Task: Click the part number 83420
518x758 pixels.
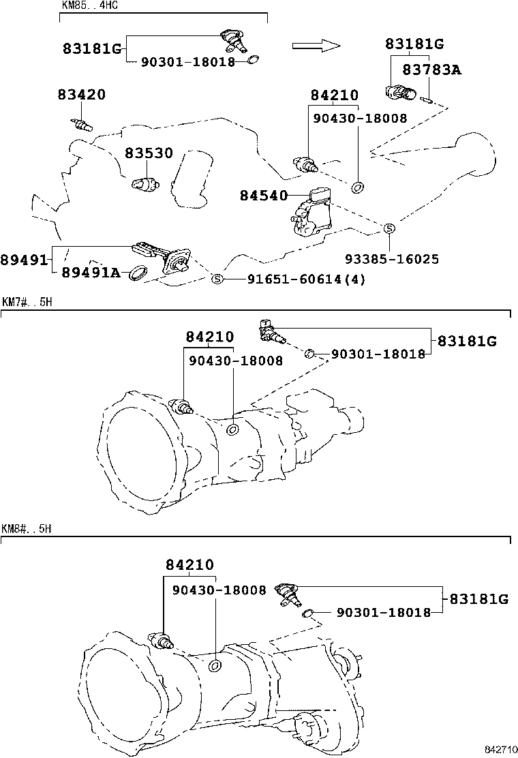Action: pos(81,95)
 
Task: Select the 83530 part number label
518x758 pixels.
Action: pos(149,154)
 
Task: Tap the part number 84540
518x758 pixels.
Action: pos(264,196)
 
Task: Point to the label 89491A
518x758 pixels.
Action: pos(91,273)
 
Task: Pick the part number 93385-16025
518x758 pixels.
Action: pos(391,259)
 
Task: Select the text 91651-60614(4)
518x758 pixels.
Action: pos(296,279)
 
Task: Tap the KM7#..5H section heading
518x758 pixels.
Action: pos(27,302)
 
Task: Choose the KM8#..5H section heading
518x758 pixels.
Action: pos(27,528)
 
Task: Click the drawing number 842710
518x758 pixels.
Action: pos(500,750)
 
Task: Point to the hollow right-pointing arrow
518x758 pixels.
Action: pos(316,46)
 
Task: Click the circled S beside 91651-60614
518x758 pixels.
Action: pos(217,279)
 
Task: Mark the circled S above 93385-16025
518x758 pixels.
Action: pos(388,228)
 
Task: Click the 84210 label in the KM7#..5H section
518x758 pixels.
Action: pos(209,337)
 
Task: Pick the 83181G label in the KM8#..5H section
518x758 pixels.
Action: pos(478,599)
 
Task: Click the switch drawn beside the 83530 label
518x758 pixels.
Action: pos(145,183)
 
